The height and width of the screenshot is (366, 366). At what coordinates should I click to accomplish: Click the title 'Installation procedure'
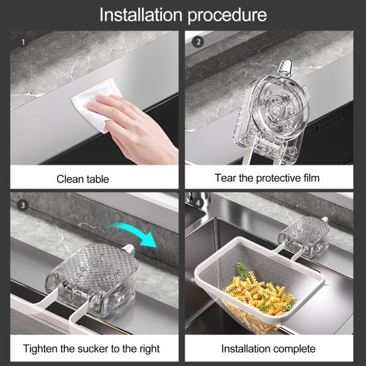pyautogui.click(x=183, y=15)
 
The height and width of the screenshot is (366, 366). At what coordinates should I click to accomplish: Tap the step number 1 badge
pyautogui.click(x=23, y=41)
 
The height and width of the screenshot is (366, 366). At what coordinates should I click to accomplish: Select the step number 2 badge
pyautogui.click(x=197, y=41)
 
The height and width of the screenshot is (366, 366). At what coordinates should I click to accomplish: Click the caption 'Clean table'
pyautogui.click(x=82, y=179)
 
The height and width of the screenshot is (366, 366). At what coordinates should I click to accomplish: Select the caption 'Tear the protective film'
pyautogui.click(x=267, y=178)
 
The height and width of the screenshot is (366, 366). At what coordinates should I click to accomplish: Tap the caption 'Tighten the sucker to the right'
pyautogui.click(x=91, y=348)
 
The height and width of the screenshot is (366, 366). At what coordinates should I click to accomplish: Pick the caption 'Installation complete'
pyautogui.click(x=268, y=348)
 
